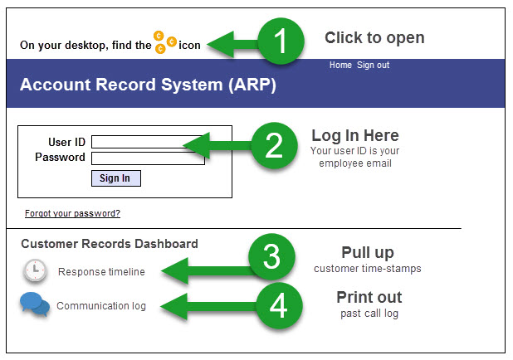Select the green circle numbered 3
(x=271, y=258)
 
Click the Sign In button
(x=115, y=178)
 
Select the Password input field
(x=148, y=158)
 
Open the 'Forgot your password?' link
(x=72, y=213)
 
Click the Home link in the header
(x=340, y=65)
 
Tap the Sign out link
(x=373, y=65)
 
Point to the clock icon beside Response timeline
(x=35, y=270)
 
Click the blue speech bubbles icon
(x=34, y=305)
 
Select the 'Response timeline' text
(x=101, y=272)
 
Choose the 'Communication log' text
(x=101, y=306)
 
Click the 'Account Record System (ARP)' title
(x=148, y=85)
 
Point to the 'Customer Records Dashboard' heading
(x=110, y=244)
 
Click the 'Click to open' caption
(x=374, y=38)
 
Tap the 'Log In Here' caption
(x=354, y=135)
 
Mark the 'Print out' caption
(x=369, y=297)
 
